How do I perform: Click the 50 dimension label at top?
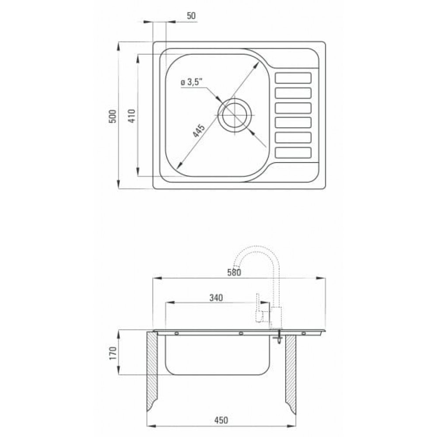click(191, 16)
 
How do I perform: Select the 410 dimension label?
click(132, 116)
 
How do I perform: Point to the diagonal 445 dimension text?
click(199, 130)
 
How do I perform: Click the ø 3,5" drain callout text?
click(191, 82)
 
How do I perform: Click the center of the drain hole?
click(235, 115)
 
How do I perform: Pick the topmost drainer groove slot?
click(293, 78)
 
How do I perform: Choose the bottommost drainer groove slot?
click(293, 153)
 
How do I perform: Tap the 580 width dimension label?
click(234, 272)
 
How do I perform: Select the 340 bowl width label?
click(216, 298)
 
